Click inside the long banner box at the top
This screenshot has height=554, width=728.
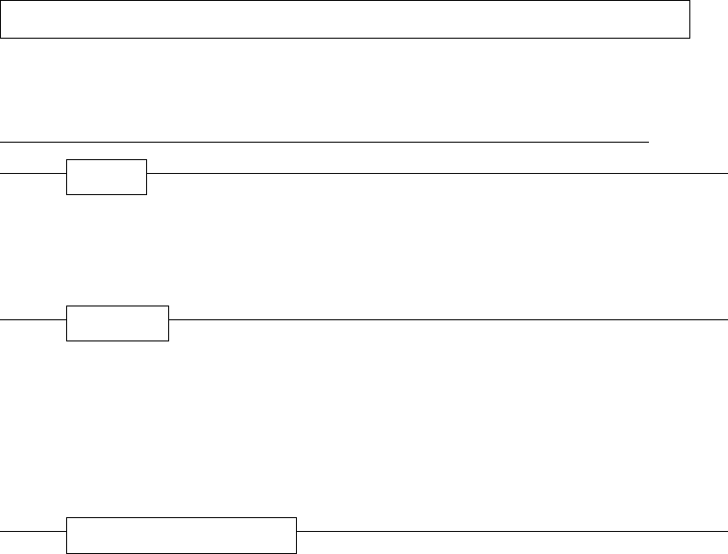click(x=345, y=19)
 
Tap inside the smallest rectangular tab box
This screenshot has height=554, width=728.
click(x=107, y=177)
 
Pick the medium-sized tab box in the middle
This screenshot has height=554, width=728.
click(x=118, y=323)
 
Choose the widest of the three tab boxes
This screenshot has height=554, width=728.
click(x=181, y=536)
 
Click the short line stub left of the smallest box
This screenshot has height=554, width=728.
click(x=33, y=172)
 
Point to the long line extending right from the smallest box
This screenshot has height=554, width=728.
click(x=437, y=172)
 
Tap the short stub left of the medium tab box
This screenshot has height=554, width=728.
click(x=33, y=318)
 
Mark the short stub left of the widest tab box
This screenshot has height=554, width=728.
click(x=33, y=531)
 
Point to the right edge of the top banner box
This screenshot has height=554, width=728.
click(x=689, y=19)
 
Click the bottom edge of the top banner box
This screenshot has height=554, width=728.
click(x=345, y=38)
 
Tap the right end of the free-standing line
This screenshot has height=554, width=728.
click(x=647, y=143)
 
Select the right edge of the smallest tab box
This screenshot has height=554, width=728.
click(x=147, y=177)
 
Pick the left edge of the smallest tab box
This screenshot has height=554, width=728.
click(x=66, y=177)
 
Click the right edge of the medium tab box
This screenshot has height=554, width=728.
click(x=169, y=323)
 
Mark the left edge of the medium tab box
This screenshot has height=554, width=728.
click(x=66, y=323)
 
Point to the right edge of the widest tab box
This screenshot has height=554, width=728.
click(x=297, y=536)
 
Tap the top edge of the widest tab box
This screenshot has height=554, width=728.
click(x=181, y=518)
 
